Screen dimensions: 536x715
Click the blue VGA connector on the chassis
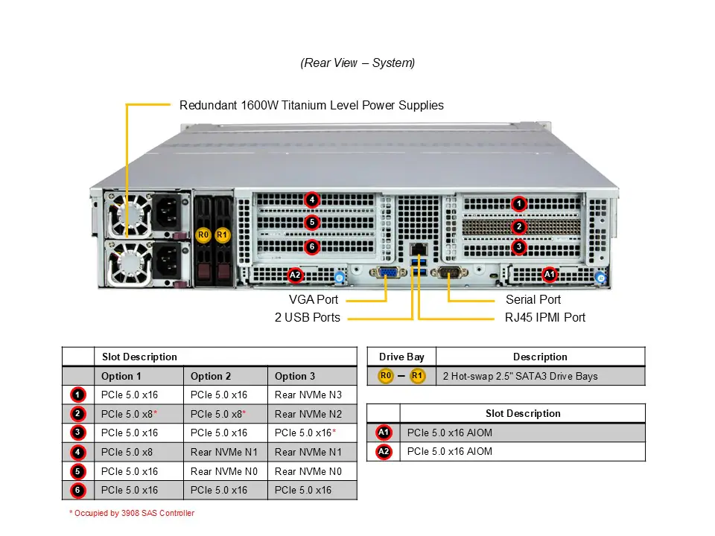pyautogui.click(x=388, y=273)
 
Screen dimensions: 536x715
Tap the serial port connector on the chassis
pyautogui.click(x=449, y=273)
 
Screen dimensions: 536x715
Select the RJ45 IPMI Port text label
pyautogui.click(x=540, y=317)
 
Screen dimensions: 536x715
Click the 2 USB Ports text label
pyautogui.click(x=307, y=317)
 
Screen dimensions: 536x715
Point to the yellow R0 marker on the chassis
pyautogui.click(x=203, y=235)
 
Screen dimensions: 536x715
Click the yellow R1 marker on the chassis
pyautogui.click(x=221, y=235)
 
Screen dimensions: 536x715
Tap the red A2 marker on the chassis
pyautogui.click(x=296, y=275)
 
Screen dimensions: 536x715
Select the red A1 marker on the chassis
pyautogui.click(x=550, y=275)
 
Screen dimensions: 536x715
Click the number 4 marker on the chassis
pyautogui.click(x=312, y=200)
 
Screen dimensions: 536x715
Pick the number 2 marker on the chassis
pyautogui.click(x=519, y=226)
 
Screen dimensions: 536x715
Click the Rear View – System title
pyautogui.click(x=357, y=63)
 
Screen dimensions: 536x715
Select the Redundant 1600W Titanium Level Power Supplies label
pyautogui.click(x=311, y=106)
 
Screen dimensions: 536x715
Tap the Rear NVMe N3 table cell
pyautogui.click(x=308, y=395)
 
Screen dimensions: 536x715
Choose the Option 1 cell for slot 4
pyautogui.click(x=127, y=452)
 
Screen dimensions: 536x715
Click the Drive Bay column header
pyautogui.click(x=401, y=357)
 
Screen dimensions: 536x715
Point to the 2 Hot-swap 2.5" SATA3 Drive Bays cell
pyautogui.click(x=520, y=376)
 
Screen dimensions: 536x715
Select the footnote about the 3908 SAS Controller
pyautogui.click(x=131, y=513)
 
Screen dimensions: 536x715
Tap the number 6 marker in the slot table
pyautogui.click(x=78, y=491)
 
